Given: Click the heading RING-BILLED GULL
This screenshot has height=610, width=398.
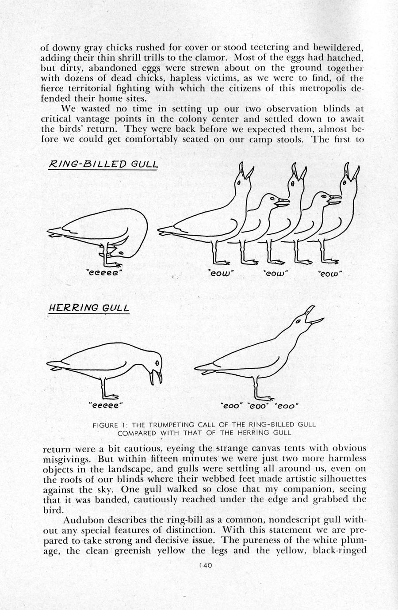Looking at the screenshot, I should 103,164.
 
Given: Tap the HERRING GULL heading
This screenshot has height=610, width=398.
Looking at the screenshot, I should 88,307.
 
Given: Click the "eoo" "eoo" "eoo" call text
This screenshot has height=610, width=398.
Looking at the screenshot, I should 260,405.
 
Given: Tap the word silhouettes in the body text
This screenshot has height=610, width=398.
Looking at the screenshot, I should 341,479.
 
